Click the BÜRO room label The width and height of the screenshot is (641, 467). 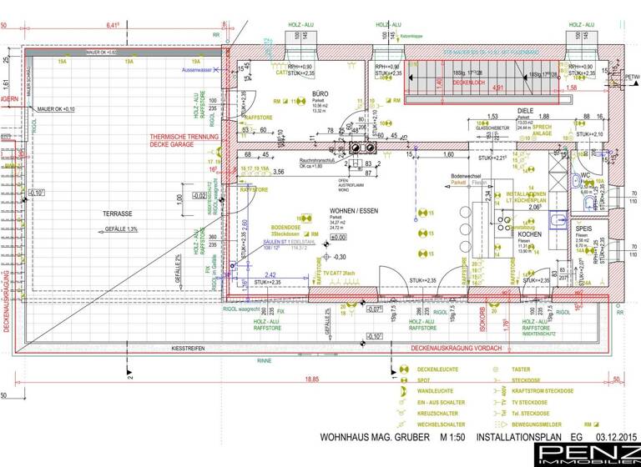pyautogui.click(x=319, y=93)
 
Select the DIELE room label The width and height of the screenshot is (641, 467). pyautogui.click(x=525, y=109)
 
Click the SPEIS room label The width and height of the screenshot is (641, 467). pyautogui.click(x=583, y=227)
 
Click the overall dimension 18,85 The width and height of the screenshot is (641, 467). pyautogui.click(x=310, y=379)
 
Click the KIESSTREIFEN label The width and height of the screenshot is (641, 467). pyautogui.click(x=188, y=347)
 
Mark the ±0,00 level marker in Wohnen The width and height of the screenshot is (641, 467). pyautogui.click(x=339, y=238)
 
